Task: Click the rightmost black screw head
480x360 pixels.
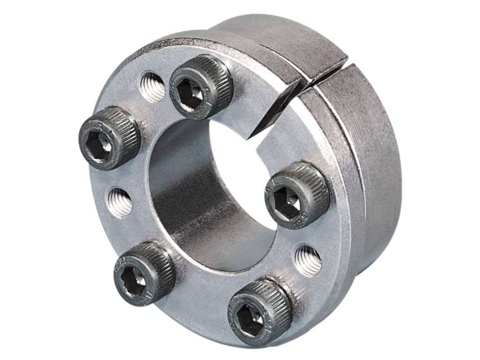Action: click(296, 194)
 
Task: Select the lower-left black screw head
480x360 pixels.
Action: click(144, 271)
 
